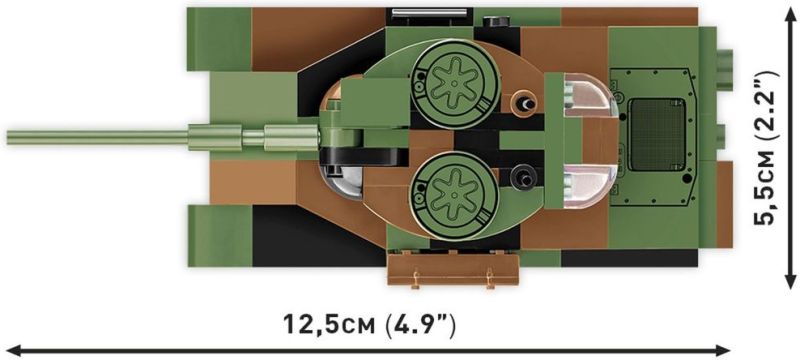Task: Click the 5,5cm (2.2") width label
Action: pyautogui.click(x=767, y=147)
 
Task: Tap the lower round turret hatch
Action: pyautogui.click(x=454, y=195)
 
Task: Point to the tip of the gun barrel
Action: pyautogui.click(x=8, y=138)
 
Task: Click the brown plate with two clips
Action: pyautogui.click(x=453, y=269)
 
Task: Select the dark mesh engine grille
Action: pyautogui.click(x=657, y=135)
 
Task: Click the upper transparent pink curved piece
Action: pyautogui.click(x=590, y=95)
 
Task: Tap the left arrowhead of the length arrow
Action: pyautogui.click(x=11, y=350)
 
